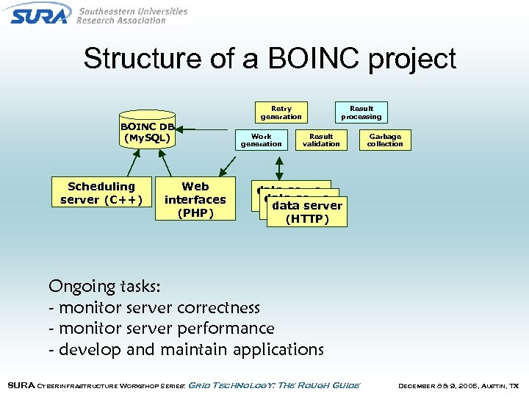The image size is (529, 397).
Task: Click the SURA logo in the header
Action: pyautogui.click(x=40, y=13)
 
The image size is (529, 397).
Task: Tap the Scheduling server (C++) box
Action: pyautogui.click(x=101, y=193)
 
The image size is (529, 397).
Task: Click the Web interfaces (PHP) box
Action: pyautogui.click(x=195, y=200)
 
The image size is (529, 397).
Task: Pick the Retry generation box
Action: pyautogui.click(x=281, y=112)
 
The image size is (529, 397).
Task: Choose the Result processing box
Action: pyautogui.click(x=361, y=112)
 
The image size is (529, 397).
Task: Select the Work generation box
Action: pyautogui.click(x=261, y=140)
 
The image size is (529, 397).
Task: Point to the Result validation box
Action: pyautogui.click(x=321, y=140)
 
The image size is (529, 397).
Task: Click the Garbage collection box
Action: pyautogui.click(x=385, y=140)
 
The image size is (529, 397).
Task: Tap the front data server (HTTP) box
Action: pyautogui.click(x=306, y=212)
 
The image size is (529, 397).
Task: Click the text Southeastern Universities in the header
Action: pyautogui.click(x=132, y=11)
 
